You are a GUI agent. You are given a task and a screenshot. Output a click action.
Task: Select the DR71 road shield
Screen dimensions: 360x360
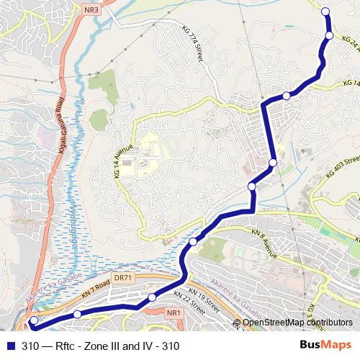(124, 277)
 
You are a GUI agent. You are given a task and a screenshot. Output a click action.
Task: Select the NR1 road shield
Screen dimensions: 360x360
(172, 313)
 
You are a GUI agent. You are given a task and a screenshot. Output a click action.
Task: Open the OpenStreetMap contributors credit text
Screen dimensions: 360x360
(297, 323)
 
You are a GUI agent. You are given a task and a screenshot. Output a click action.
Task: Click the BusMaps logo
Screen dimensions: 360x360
(325, 345)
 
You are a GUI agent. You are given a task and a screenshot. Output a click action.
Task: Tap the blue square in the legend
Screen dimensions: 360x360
(10, 346)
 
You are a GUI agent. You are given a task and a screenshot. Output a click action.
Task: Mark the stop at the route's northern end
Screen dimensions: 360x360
(325, 11)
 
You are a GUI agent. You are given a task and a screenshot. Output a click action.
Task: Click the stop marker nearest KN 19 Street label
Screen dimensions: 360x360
(152, 297)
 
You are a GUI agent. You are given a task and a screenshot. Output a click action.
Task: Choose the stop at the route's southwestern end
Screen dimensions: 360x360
(34, 321)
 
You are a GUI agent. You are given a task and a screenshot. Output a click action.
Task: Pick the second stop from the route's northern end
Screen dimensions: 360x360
(330, 35)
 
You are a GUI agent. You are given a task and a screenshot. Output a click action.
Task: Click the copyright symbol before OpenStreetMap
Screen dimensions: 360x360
(237, 323)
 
